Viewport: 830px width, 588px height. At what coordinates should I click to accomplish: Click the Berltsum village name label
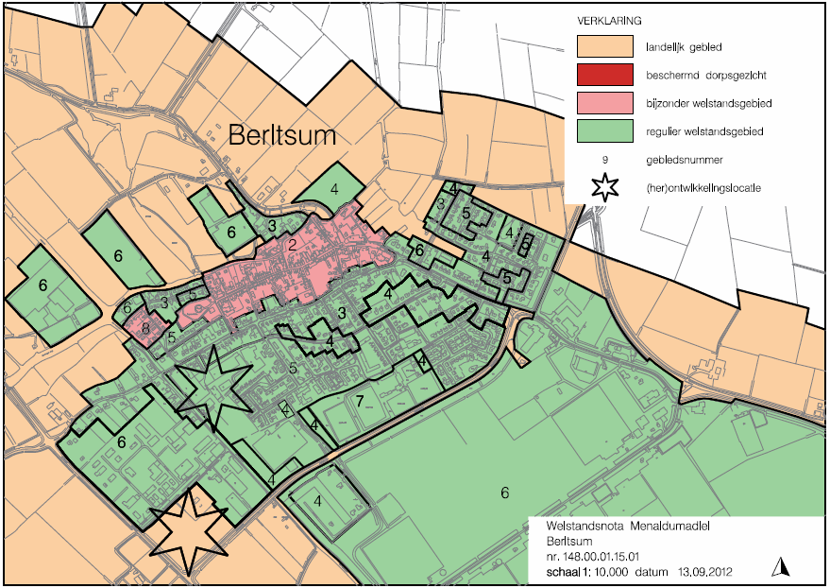point(282,136)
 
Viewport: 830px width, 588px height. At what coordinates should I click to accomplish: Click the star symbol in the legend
point(605,187)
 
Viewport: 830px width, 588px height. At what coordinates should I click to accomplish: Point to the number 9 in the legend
point(605,160)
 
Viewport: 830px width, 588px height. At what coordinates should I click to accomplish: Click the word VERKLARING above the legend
point(612,19)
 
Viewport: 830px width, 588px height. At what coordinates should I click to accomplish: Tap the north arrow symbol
point(781,566)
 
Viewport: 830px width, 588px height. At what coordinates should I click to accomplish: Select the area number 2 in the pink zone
point(294,246)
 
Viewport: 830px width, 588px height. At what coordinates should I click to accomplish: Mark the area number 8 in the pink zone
point(146,329)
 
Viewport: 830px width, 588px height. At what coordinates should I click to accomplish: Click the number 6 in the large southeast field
point(504,493)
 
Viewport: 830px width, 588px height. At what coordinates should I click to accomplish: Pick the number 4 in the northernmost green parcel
point(334,187)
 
